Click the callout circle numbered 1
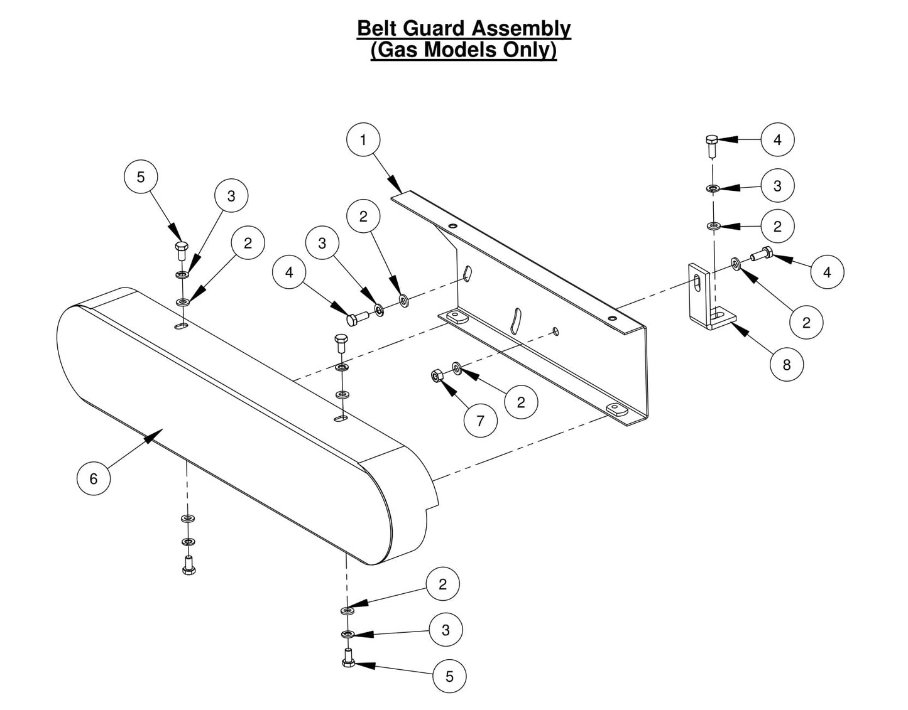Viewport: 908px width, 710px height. point(363,140)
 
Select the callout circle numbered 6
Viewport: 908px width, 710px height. point(94,479)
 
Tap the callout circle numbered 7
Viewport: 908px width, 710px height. point(481,421)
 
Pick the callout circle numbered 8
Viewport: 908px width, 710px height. point(787,363)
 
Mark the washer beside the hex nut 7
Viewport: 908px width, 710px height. point(456,367)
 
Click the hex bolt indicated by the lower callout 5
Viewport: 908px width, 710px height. point(349,658)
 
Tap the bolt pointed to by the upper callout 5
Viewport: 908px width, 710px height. point(181,250)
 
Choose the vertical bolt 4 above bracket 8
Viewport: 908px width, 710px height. point(712,146)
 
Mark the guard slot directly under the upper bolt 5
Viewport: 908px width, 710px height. point(180,326)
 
